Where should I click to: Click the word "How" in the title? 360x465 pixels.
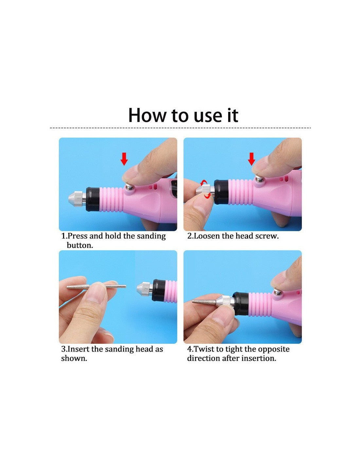coord(147,115)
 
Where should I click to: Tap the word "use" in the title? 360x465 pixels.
coord(207,117)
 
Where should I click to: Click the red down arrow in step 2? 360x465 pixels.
coord(251,159)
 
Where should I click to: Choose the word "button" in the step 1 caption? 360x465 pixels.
coord(79,246)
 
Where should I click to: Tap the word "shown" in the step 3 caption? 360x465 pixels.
coord(73,358)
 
